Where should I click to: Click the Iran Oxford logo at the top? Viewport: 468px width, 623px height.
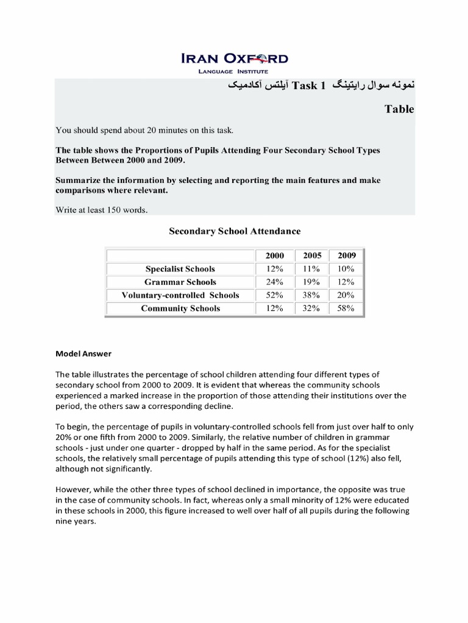(234, 59)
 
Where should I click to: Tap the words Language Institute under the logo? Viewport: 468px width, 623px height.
(234, 72)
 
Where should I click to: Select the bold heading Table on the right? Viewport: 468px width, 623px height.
(399, 110)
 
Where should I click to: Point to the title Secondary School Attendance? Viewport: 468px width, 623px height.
(234, 231)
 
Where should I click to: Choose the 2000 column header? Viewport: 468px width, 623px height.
(274, 256)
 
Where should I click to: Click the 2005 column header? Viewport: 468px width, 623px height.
(311, 256)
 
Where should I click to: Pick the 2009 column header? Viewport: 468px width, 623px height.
(347, 256)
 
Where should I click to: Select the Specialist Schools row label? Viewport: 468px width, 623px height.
(180, 269)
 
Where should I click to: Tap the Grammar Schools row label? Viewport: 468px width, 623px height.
(180, 282)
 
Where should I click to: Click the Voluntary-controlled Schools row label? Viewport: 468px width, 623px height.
(180, 295)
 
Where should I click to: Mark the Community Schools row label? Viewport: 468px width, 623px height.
(180, 308)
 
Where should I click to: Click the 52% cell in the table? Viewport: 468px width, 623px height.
(274, 295)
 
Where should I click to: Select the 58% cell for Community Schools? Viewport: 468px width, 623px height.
(347, 308)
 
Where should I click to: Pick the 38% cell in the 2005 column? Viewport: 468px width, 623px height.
(311, 295)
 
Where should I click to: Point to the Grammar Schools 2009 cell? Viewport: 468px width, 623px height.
(347, 282)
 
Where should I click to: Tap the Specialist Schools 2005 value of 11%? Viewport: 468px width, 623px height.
(311, 269)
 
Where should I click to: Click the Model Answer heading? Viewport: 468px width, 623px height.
(83, 353)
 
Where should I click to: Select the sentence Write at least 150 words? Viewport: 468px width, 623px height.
(102, 211)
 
